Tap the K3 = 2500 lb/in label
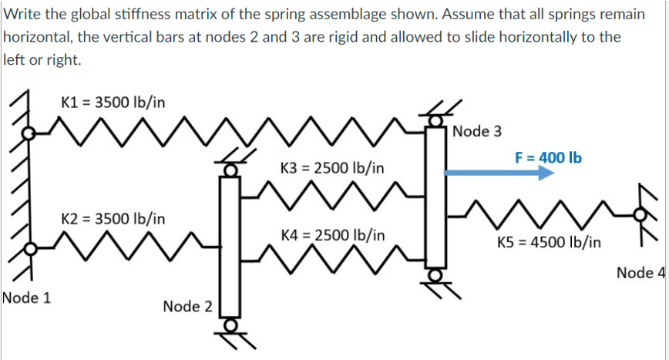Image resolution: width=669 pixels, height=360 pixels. [332, 167]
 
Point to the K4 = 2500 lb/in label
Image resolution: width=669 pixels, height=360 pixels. [333, 234]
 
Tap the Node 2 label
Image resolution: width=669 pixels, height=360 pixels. [187, 307]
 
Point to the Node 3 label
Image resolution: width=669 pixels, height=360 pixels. [477, 131]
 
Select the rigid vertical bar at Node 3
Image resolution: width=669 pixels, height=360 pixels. [435, 200]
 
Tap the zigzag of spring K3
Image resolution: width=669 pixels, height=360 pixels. [332, 196]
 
